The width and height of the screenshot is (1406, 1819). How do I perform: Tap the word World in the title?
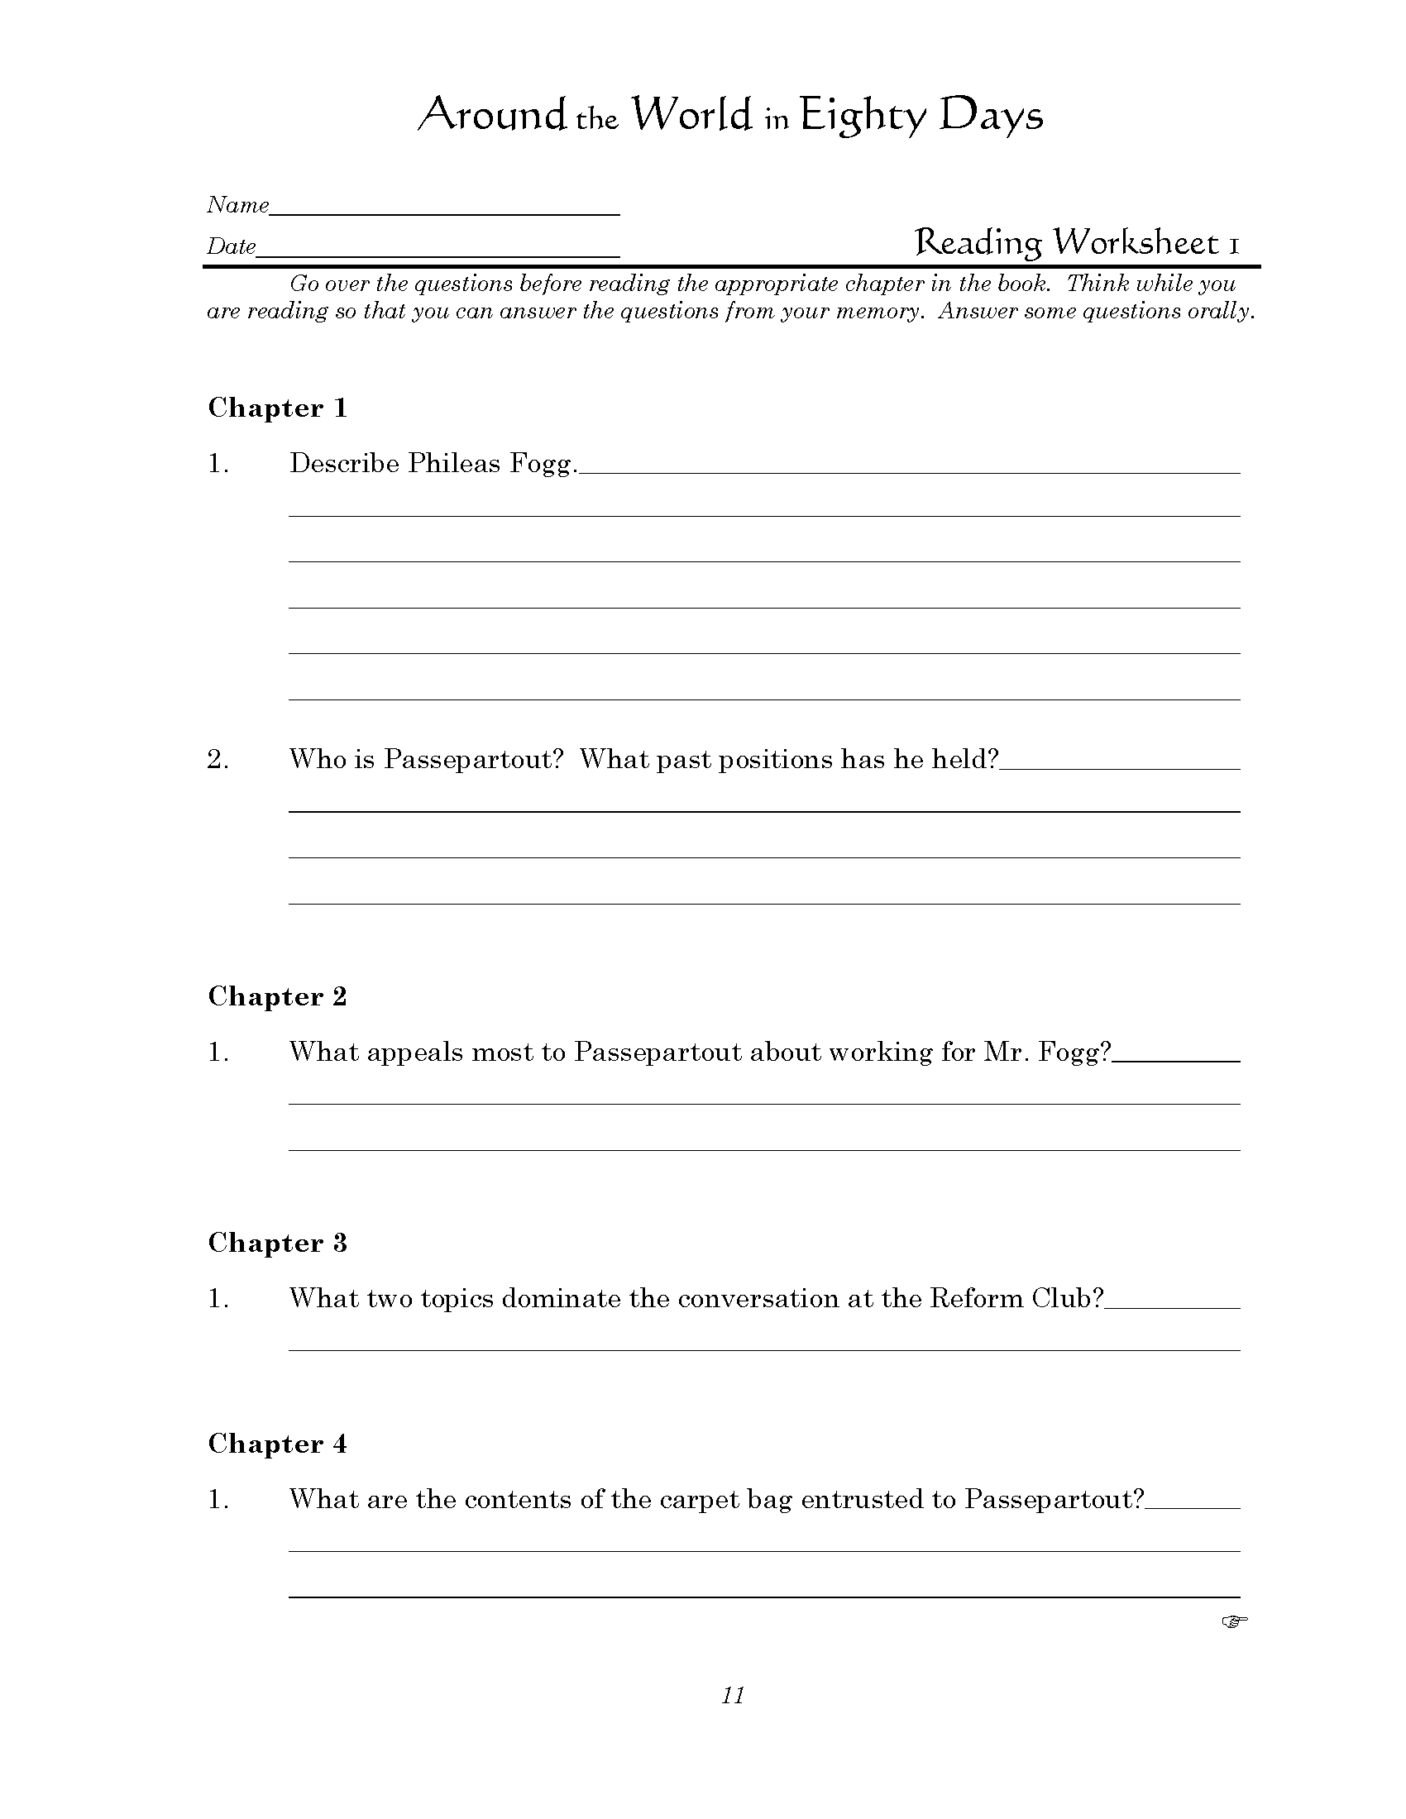[691, 115]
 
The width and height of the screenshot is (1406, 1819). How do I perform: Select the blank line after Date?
[438, 251]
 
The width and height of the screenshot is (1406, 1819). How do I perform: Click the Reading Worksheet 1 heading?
[1076, 242]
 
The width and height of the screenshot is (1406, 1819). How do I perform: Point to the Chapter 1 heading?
[276, 408]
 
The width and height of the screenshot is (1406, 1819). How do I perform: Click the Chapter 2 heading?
[276, 996]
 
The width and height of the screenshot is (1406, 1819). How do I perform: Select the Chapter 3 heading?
[276, 1243]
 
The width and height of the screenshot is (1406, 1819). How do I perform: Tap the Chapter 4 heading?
[276, 1444]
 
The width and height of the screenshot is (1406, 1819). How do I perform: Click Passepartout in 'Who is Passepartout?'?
[473, 760]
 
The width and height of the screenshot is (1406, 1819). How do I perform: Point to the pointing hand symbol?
[1235, 1621]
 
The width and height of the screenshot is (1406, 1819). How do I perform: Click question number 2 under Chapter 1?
[218, 760]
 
